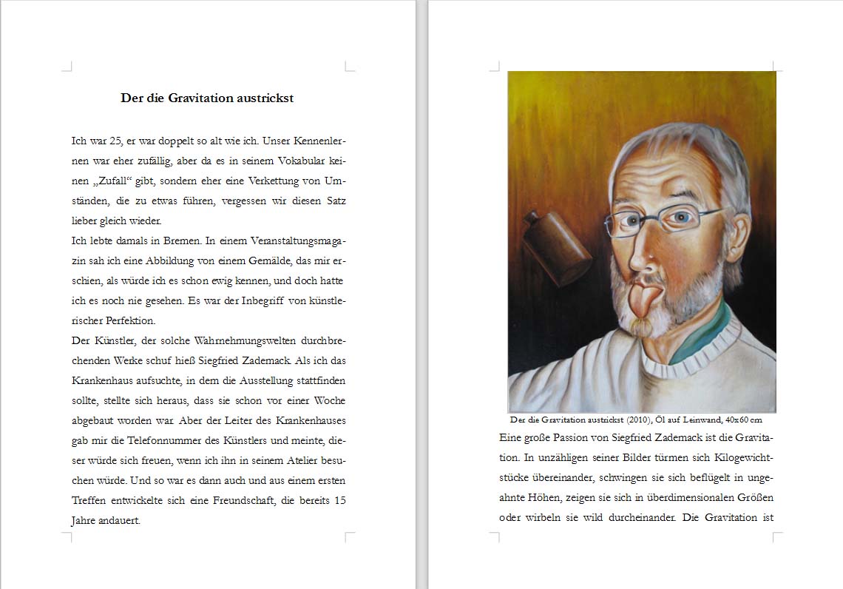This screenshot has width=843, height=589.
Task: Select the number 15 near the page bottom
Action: pyautogui.click(x=339, y=501)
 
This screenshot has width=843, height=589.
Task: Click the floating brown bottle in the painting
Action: pyautogui.click(x=556, y=248)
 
